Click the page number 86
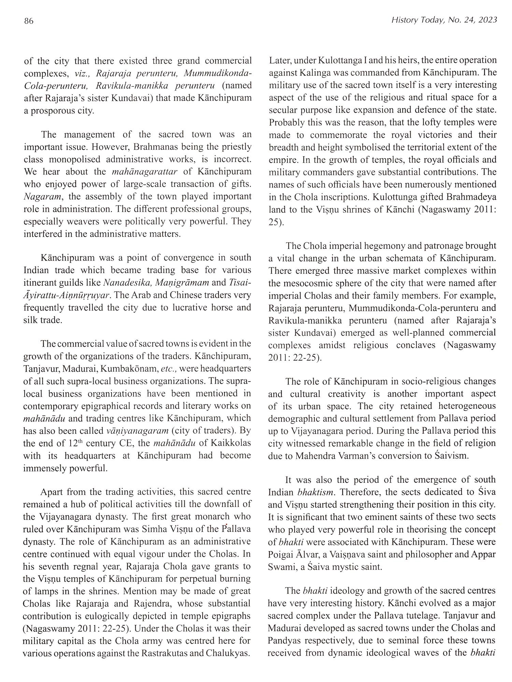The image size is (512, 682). pos(28,21)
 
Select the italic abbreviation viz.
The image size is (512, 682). pos(82,73)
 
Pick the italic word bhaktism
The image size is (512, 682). pos(311,492)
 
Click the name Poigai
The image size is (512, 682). pos(284,554)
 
